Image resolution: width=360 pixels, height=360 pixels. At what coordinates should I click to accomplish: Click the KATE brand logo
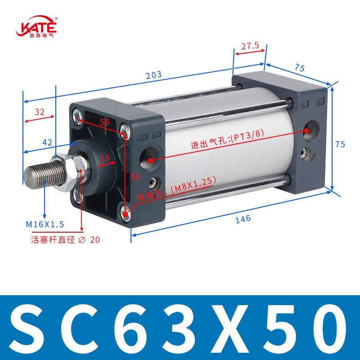(x=36, y=27)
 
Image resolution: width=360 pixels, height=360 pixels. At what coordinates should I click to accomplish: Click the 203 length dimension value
(x=153, y=75)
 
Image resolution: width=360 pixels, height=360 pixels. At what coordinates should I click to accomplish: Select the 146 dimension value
(x=242, y=219)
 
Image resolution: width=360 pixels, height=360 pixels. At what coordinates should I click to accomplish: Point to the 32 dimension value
(x=40, y=112)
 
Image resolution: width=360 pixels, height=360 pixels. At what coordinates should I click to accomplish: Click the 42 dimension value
(x=47, y=142)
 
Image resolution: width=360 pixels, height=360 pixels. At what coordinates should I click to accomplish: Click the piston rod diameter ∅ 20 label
(x=65, y=240)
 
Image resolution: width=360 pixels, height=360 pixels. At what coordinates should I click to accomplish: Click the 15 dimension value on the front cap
(x=105, y=158)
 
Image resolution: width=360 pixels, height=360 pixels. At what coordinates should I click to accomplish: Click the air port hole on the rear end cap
(x=311, y=130)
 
